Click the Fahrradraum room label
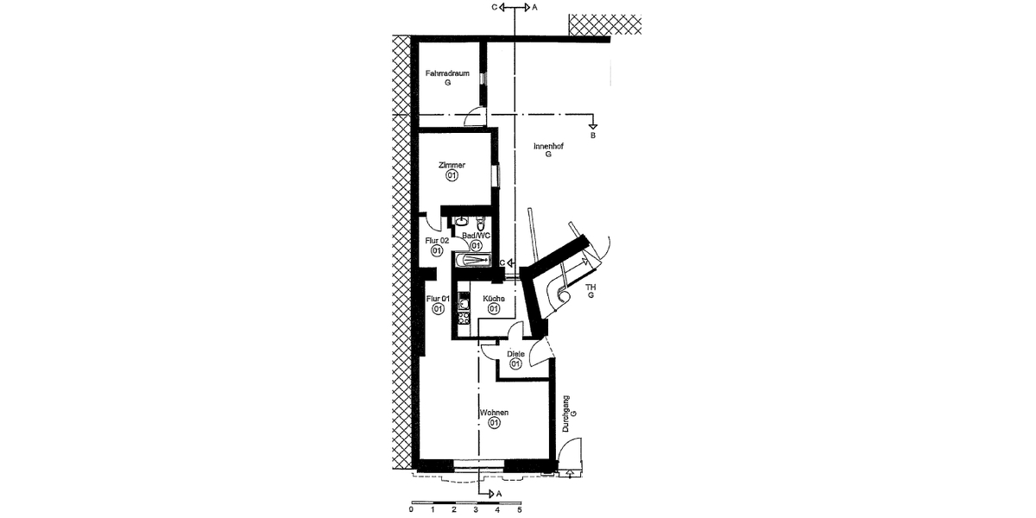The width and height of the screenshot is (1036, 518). [x=446, y=74]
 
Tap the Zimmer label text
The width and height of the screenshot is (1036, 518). [x=452, y=165]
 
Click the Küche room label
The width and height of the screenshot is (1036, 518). [x=494, y=299]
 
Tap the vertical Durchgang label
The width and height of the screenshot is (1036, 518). [x=566, y=413]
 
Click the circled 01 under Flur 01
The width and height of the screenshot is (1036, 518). [x=438, y=309]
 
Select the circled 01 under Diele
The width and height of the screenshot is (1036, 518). [x=515, y=364]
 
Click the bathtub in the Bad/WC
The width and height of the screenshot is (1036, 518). [x=471, y=259]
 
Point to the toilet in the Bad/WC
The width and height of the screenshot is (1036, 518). [x=481, y=222]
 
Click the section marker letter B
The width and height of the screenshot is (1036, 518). [x=592, y=136]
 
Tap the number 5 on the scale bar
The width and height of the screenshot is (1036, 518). [x=519, y=510]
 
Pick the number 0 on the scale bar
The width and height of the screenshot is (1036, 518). [x=412, y=510]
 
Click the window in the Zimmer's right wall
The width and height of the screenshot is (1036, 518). [x=495, y=175]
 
